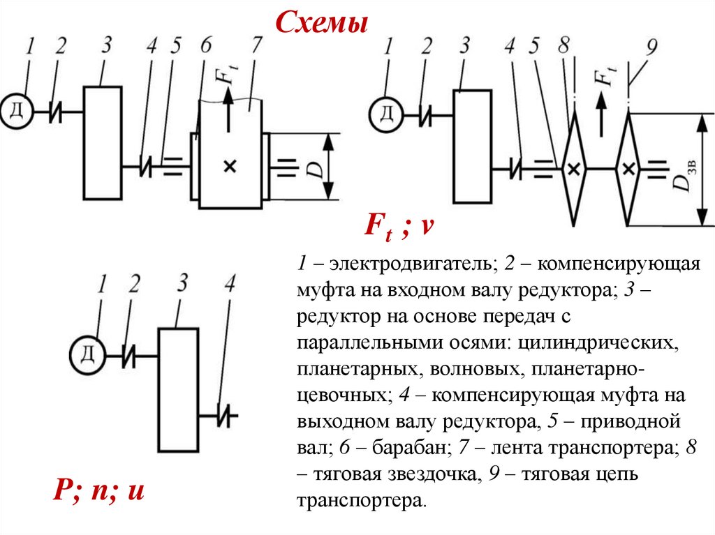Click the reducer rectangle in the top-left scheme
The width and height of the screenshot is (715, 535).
click(103, 143)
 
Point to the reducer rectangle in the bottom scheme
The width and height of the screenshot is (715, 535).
click(178, 389)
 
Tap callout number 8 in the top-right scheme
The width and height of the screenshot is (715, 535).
click(564, 46)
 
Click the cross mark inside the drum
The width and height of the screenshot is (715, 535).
click(230, 166)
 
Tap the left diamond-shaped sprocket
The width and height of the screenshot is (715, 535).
click(573, 168)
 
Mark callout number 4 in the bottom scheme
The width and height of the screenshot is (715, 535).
click(230, 284)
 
